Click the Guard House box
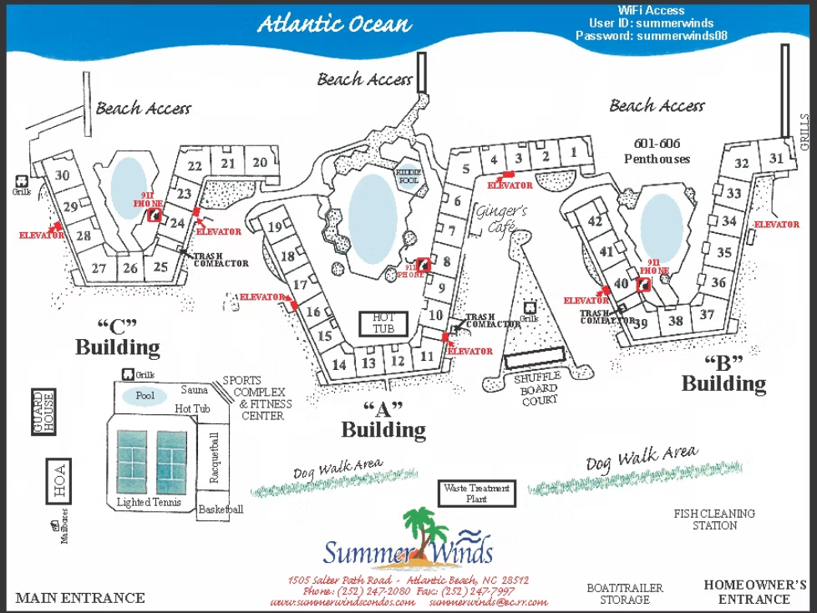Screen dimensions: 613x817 click(x=43, y=411)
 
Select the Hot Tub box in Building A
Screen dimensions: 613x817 click(x=383, y=323)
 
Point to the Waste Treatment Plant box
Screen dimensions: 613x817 click(x=476, y=493)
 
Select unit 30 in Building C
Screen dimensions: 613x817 click(x=62, y=175)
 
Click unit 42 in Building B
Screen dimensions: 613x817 click(x=595, y=221)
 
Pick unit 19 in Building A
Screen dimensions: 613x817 click(x=275, y=227)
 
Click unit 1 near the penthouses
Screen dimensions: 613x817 click(x=573, y=153)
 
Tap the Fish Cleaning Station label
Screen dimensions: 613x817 click(x=714, y=519)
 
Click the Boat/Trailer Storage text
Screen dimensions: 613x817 click(x=624, y=594)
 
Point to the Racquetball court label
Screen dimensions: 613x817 click(x=215, y=457)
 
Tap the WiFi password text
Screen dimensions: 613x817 click(x=639, y=37)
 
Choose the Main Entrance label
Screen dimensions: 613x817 click(x=80, y=598)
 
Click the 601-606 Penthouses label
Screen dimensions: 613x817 click(x=657, y=151)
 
